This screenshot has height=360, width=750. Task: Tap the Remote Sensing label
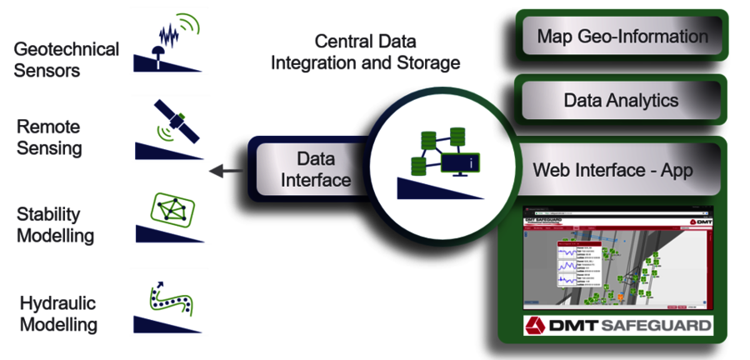click(49, 137)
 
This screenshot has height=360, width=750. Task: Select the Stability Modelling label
click(55, 224)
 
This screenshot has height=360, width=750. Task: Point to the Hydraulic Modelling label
click(58, 313)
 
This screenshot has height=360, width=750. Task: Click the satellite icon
click(175, 122)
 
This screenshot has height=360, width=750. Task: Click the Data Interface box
click(312, 169)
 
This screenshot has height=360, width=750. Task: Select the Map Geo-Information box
click(622, 37)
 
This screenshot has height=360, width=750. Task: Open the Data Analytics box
click(621, 101)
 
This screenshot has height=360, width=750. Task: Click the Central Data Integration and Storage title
click(366, 52)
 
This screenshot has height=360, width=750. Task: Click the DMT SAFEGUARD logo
click(617, 325)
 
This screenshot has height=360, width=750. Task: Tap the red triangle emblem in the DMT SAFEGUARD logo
click(536, 325)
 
